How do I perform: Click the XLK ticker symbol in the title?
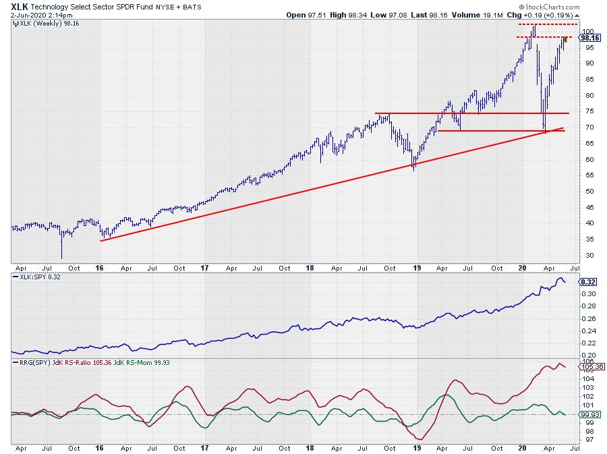point(20,6)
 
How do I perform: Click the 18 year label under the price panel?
point(310,268)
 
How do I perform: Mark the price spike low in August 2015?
point(61,257)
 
